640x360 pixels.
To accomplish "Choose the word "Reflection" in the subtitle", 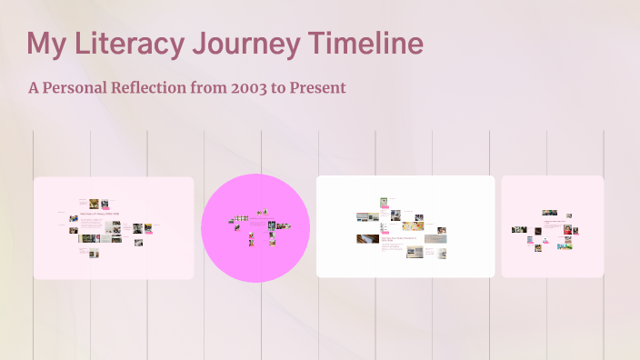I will click(x=171, y=88).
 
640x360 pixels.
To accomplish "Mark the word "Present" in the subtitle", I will click(x=317, y=88).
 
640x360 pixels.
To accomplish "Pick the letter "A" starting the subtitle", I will click(x=34, y=88).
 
